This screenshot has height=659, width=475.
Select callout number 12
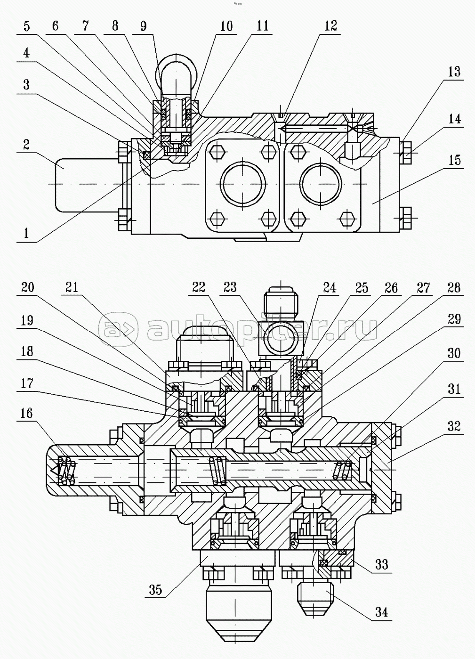click(331, 25)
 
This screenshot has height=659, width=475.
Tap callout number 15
click(454, 160)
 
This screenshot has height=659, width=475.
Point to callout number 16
click(27, 413)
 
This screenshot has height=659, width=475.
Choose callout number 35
click(155, 589)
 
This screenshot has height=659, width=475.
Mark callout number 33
click(381, 564)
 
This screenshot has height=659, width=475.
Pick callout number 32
click(454, 426)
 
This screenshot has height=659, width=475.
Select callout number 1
click(27, 232)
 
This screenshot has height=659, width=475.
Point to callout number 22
click(199, 287)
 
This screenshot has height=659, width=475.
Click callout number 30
click(454, 353)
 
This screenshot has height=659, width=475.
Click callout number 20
click(27, 287)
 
